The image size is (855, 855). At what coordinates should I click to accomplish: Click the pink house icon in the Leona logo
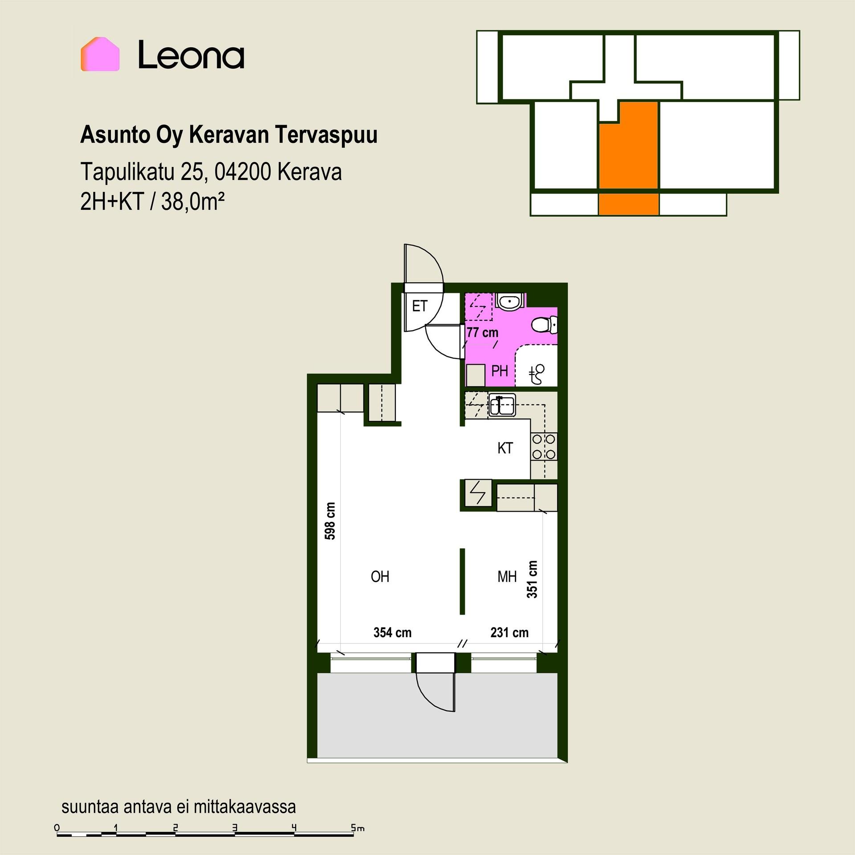(100, 54)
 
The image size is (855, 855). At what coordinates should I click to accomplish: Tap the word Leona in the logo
(191, 55)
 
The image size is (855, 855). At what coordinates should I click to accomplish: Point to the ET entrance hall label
(419, 306)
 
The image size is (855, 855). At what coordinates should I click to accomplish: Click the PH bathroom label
(500, 371)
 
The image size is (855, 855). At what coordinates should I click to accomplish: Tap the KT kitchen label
(505, 448)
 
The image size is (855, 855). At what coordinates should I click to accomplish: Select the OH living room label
(380, 577)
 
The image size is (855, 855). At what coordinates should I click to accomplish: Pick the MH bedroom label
(507, 577)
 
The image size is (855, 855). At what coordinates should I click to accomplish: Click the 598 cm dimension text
(330, 521)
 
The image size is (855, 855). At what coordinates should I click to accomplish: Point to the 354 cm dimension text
(392, 632)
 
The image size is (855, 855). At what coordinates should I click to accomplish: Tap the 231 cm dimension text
(509, 632)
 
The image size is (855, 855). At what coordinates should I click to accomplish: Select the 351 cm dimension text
(532, 579)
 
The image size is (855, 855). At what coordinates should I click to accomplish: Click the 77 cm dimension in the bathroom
(482, 333)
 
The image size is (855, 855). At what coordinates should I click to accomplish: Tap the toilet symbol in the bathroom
(544, 325)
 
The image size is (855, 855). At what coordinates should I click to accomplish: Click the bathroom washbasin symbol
(509, 301)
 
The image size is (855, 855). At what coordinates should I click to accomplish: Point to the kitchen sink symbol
(502, 405)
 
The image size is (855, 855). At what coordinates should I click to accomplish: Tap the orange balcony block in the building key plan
(628, 204)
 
